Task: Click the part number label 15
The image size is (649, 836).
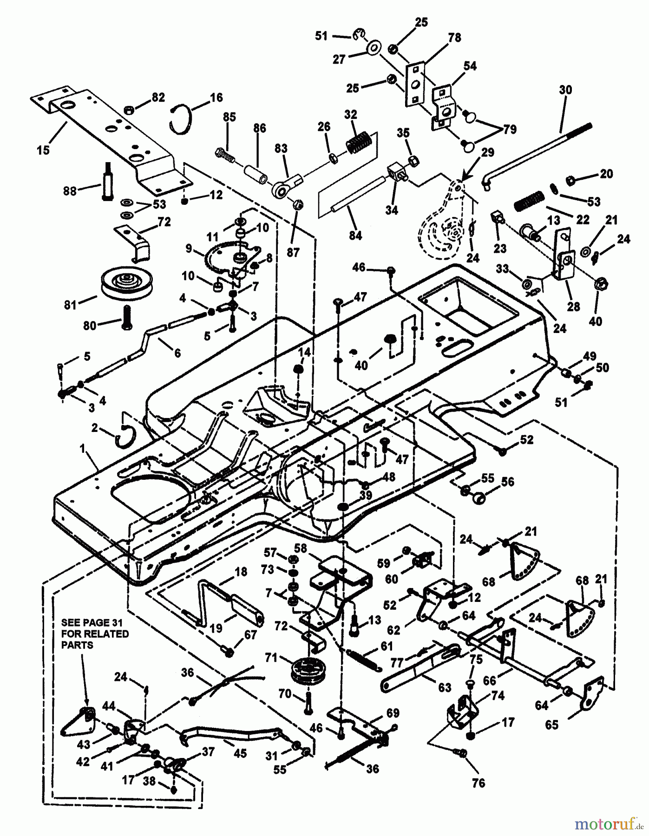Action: [43, 151]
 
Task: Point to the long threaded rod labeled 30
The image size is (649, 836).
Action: [539, 153]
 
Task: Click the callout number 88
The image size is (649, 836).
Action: [70, 191]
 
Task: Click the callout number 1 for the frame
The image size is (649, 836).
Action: [82, 449]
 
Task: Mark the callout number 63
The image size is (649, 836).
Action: [445, 687]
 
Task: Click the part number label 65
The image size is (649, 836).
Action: [551, 724]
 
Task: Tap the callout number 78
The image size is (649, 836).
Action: [454, 38]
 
